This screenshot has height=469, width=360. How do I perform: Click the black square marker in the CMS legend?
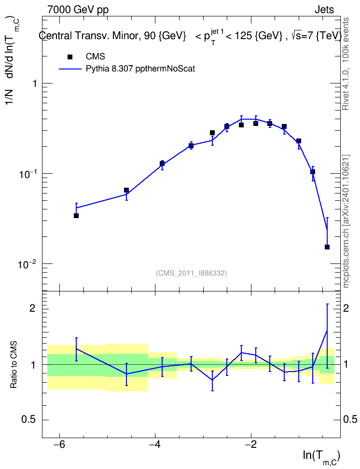[x=70, y=57]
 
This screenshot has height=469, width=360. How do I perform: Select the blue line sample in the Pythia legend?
[x=70, y=69]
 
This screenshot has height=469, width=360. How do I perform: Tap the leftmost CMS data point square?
[x=76, y=216]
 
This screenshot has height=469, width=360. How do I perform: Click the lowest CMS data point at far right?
[x=327, y=247]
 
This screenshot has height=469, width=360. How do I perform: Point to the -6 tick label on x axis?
[x=59, y=445]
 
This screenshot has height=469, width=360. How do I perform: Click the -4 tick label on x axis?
[x=155, y=445]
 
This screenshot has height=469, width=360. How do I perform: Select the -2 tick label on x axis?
[x=251, y=445]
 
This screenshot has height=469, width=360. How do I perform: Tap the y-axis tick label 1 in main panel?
[x=35, y=83]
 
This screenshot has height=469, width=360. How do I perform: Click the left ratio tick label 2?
[x=32, y=308]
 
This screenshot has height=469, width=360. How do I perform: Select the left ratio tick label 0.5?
[x=29, y=420]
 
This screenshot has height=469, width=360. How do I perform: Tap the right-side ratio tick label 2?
[x=346, y=308]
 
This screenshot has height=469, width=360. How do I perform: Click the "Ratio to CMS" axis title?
[x=14, y=365]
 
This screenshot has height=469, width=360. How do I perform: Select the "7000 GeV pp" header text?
[x=78, y=10]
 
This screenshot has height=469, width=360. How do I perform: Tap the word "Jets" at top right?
[x=324, y=10]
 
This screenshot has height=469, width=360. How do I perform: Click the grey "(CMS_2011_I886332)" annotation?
[x=192, y=273]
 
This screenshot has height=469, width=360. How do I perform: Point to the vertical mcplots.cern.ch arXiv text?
[x=346, y=221]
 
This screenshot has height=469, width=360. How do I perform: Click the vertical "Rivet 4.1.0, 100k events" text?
[x=346, y=64]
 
